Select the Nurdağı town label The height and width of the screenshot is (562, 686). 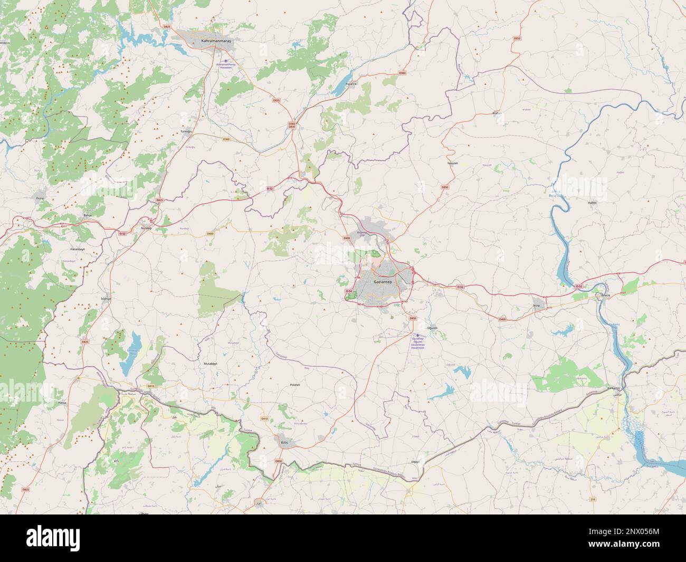145,227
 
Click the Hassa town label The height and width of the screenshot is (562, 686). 61,403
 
